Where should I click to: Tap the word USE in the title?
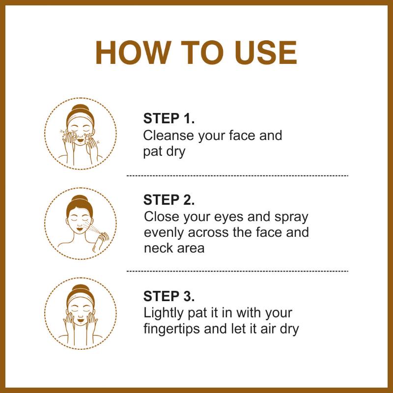click(266, 53)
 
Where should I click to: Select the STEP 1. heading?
click(169, 118)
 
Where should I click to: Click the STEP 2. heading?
click(169, 200)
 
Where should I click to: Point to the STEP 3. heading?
click(169, 296)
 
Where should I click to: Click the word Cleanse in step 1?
click(168, 136)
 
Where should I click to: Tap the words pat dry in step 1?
click(164, 152)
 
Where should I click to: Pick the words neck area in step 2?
click(174, 248)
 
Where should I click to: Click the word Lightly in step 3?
click(164, 313)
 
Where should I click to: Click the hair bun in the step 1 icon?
click(80, 109)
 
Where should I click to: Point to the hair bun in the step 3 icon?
click(80, 288)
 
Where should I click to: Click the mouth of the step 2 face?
click(80, 229)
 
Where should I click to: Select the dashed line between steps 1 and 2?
click(237, 176)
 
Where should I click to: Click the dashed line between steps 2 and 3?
click(237, 271)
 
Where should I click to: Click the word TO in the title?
click(202, 53)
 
